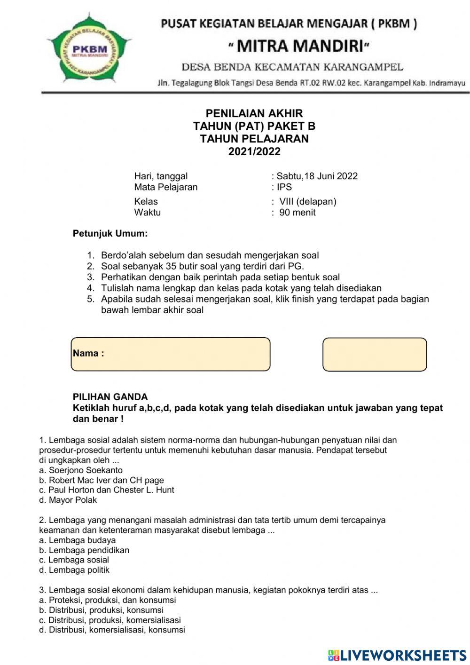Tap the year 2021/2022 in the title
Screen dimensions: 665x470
tap(254, 151)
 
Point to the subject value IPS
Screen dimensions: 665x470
tap(284, 187)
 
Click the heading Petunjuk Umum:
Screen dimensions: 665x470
tap(110, 233)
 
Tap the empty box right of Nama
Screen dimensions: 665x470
tap(375, 355)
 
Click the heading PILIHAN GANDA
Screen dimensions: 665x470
tap(110, 397)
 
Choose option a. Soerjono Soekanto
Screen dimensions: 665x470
tap(81, 470)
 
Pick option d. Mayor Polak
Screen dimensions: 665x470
tap(68, 500)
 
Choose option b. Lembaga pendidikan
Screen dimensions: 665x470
tap(84, 550)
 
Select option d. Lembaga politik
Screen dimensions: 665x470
tap(74, 570)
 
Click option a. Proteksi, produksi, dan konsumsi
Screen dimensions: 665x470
tap(108, 600)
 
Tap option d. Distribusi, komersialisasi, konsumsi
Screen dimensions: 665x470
tap(112, 630)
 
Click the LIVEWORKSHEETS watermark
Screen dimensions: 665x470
tap(397, 655)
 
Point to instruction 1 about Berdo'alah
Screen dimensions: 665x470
tap(210, 255)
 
